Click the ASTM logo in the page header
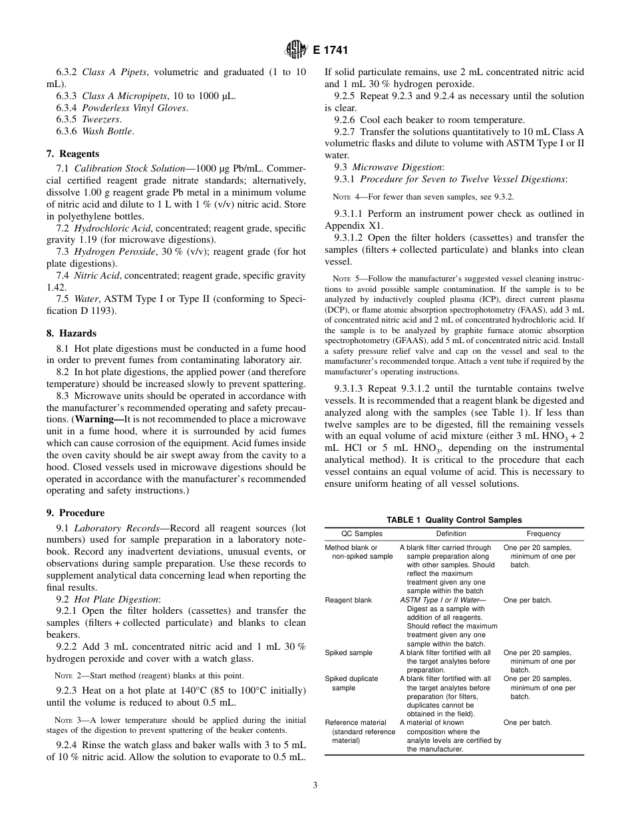coord(295,49)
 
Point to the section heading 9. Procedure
coord(75,513)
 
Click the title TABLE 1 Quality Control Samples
coord(454,520)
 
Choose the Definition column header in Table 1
coord(451,534)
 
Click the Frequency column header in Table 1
coord(544,534)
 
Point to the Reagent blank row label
coord(348,600)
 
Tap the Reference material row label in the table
coord(355,722)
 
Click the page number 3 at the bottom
coord(315,785)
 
